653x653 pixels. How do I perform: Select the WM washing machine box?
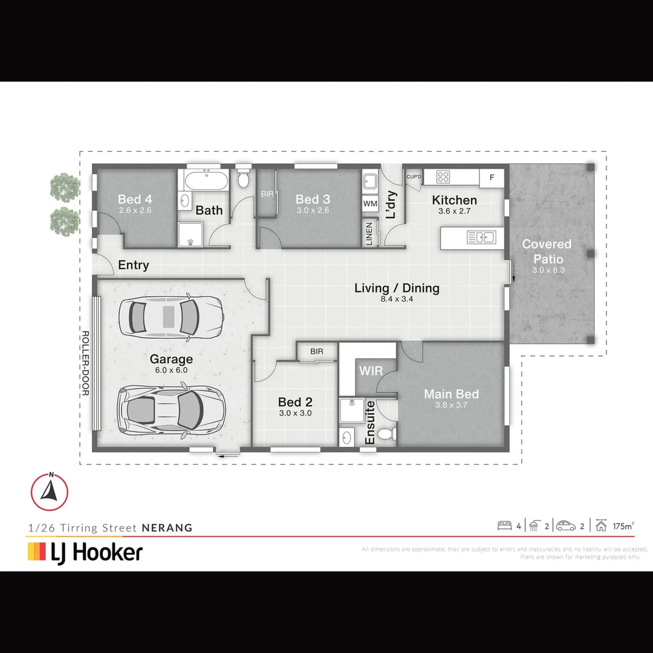click(x=370, y=204)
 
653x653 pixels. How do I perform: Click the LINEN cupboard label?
click(x=369, y=233)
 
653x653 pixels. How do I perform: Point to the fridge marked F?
click(x=492, y=177)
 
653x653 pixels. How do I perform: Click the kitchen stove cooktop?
click(x=444, y=177)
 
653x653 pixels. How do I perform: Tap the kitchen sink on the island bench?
click(x=481, y=238)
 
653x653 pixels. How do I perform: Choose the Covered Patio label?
click(x=547, y=250)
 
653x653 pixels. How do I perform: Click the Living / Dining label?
click(x=397, y=288)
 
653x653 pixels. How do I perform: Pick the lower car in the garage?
click(x=173, y=409)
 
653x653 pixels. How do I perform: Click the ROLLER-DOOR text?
click(x=85, y=363)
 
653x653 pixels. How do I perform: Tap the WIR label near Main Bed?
click(x=371, y=370)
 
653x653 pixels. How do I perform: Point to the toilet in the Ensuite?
click(x=385, y=434)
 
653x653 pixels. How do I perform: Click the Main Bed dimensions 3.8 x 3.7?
click(x=451, y=405)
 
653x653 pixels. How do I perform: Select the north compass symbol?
click(x=50, y=491)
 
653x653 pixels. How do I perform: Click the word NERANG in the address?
click(x=167, y=528)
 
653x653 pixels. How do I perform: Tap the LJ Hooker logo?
click(x=85, y=552)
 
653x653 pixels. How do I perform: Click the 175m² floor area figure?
click(x=623, y=526)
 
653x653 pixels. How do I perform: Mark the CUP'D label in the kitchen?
click(x=414, y=177)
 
